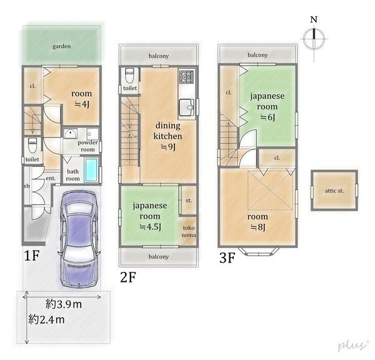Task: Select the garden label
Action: (x=61, y=46)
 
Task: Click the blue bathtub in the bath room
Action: (x=91, y=169)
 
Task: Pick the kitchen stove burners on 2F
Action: (x=186, y=77)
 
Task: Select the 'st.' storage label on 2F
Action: (x=188, y=201)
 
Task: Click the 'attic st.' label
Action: (x=335, y=190)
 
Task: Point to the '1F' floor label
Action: (x=32, y=256)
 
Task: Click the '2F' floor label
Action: (x=128, y=276)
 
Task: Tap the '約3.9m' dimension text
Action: (x=64, y=304)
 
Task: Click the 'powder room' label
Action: (x=88, y=146)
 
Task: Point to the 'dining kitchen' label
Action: (x=169, y=129)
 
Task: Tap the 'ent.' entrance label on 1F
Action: (x=51, y=178)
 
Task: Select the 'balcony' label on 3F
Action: (x=257, y=55)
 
